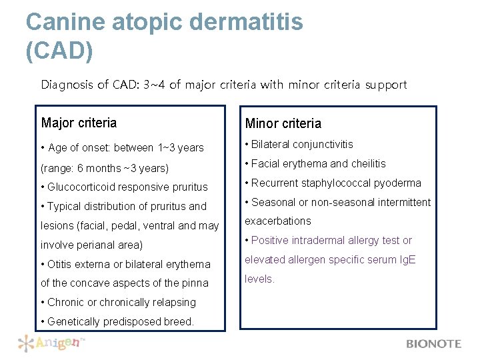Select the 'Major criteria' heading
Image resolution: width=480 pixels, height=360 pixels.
[79, 123]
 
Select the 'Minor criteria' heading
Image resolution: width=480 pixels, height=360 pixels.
[283, 123]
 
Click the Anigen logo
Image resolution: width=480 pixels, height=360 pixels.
[51, 343]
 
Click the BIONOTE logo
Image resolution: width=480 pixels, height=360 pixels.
[433, 344]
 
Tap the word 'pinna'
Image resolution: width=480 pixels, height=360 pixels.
[195, 283]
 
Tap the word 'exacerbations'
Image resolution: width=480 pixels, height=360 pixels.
[278, 221]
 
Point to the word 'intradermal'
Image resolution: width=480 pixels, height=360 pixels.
[319, 241]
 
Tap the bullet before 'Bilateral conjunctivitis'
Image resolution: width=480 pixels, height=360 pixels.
[247, 145]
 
